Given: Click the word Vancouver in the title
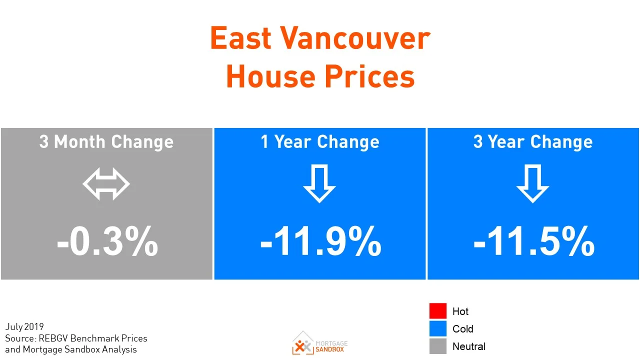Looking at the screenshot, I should tap(354, 38).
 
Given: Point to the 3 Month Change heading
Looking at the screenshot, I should tap(106, 142).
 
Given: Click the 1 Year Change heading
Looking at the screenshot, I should tap(320, 142).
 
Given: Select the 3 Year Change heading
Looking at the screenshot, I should tap(533, 142).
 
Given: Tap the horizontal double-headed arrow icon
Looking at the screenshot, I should tap(106, 184).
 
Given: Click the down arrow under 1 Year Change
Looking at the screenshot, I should tap(319, 184).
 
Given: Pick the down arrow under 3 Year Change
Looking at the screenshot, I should tap(532, 184).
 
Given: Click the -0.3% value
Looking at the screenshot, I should tap(107, 242).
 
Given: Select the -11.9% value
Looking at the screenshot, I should tap(320, 242).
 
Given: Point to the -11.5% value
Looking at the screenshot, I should tap(533, 242).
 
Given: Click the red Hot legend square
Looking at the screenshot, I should tap(437, 311).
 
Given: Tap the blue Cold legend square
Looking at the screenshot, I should tap(437, 328).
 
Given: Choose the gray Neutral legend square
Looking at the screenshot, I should tap(437, 346).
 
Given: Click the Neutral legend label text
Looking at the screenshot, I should tap(469, 346).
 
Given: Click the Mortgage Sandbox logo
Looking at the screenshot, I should tap(320, 343).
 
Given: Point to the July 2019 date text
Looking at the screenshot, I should tap(25, 327).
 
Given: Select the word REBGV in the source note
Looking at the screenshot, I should tap(54, 338).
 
